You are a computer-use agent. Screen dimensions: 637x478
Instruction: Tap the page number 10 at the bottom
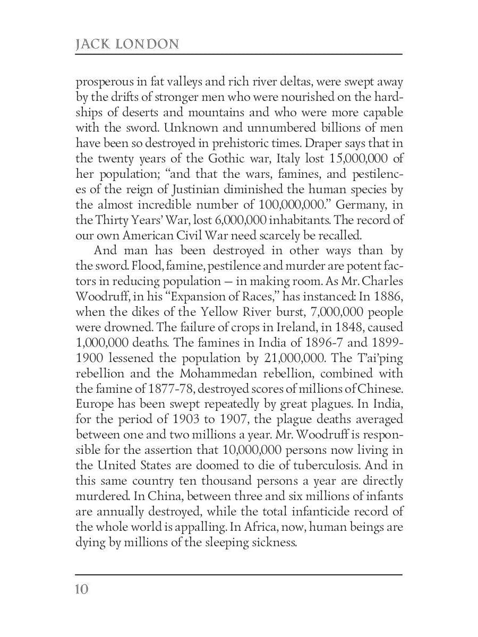(x=82, y=589)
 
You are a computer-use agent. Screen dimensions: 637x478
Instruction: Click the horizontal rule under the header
(x=239, y=54)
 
